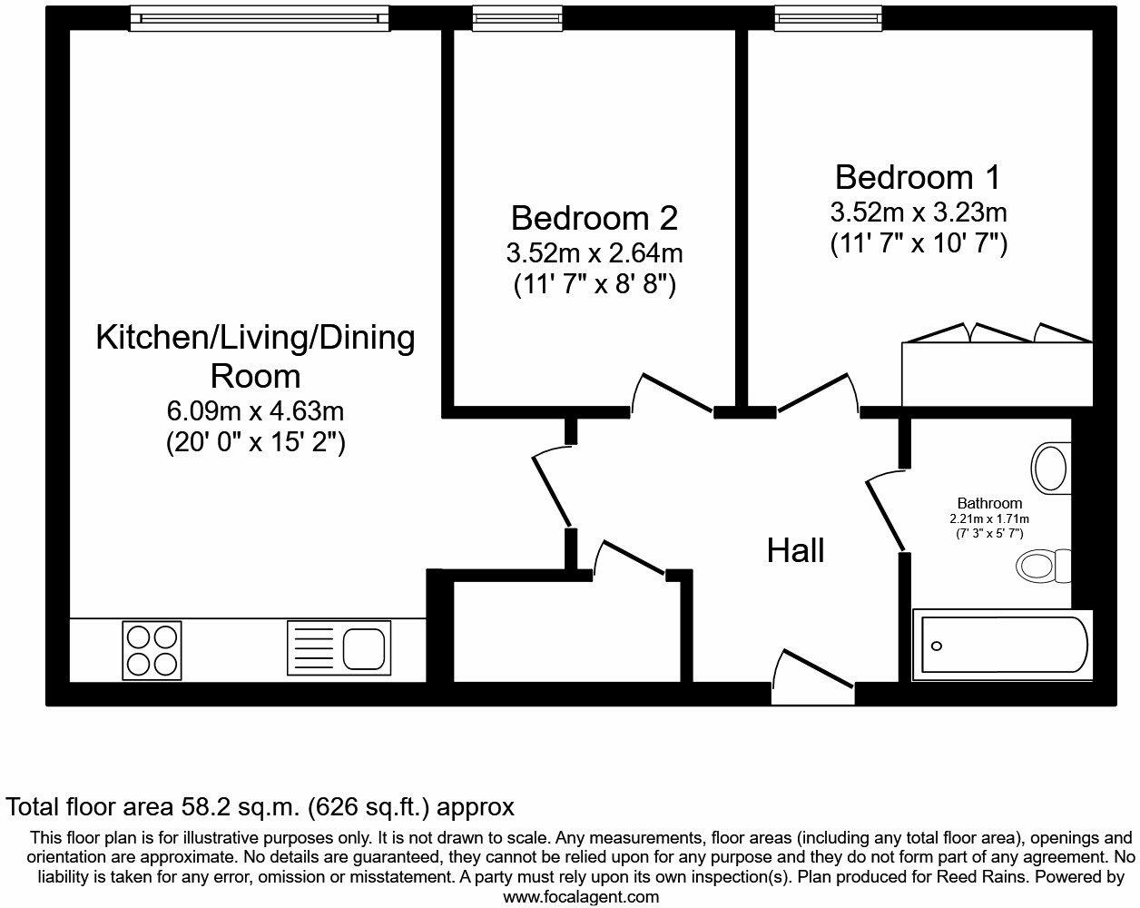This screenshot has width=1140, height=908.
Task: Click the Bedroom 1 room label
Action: coord(918,177)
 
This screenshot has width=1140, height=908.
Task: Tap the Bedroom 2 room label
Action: coord(595,218)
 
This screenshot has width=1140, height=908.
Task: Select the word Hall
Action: coord(795,550)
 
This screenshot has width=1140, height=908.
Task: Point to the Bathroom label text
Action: coord(989,503)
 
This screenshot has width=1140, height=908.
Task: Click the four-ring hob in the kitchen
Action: coord(152,650)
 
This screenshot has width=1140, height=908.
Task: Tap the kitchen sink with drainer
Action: coord(339,647)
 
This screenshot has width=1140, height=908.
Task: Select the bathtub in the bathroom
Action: coord(1003,646)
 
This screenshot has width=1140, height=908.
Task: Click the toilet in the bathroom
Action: coord(1043,566)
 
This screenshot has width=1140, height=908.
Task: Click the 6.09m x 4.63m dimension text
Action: coord(255,410)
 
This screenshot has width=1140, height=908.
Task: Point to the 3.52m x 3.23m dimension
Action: coord(918,212)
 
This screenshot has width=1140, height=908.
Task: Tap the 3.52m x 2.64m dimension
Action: coord(595,253)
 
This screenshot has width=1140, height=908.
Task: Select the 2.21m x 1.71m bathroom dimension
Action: coord(989,519)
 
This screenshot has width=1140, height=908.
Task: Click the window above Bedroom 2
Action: coord(517,19)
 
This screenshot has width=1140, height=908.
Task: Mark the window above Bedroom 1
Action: coord(829,19)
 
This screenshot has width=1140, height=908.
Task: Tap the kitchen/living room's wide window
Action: coord(260,19)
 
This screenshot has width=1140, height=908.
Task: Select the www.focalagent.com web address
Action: coord(581,897)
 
